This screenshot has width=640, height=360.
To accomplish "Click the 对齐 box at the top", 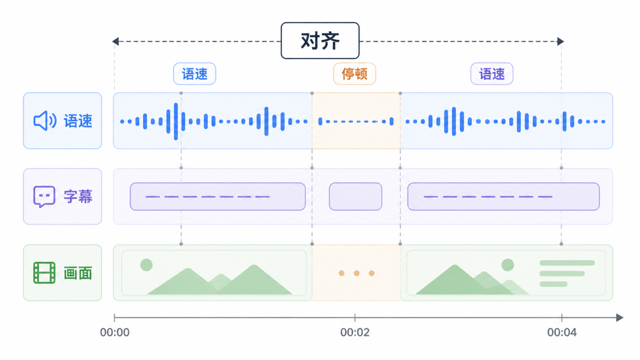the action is [x=320, y=41].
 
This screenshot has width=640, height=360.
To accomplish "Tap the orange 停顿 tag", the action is [x=355, y=74].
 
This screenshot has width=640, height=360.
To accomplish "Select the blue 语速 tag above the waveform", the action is [x=195, y=74].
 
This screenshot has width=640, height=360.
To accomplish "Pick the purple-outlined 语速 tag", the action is [x=492, y=74].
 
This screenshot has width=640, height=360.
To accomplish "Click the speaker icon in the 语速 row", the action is [x=45, y=121].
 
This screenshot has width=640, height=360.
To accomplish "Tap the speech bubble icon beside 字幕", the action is [x=44, y=197].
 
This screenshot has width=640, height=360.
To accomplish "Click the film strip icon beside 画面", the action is [x=44, y=273].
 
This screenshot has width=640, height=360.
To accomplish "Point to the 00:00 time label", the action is [x=115, y=332].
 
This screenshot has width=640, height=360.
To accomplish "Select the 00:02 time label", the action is [x=355, y=332].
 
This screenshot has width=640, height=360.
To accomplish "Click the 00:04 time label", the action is [x=562, y=332].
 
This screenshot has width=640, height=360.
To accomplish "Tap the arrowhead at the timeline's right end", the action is [x=619, y=318].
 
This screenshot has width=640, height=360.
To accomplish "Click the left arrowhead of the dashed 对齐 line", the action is [x=115, y=42].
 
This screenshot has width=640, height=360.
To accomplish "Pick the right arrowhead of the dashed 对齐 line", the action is [x=561, y=42].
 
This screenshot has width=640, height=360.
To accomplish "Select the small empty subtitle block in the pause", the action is [x=355, y=197].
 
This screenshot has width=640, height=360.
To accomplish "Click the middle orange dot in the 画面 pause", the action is [x=357, y=273].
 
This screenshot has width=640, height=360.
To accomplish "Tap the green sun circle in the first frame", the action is [x=146, y=265].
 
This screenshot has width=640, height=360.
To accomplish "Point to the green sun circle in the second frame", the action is [x=507, y=265].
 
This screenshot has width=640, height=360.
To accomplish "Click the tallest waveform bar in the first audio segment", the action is [x=176, y=122].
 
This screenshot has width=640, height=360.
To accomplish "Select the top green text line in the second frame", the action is [x=567, y=263].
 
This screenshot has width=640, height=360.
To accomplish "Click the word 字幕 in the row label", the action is [x=78, y=197].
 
